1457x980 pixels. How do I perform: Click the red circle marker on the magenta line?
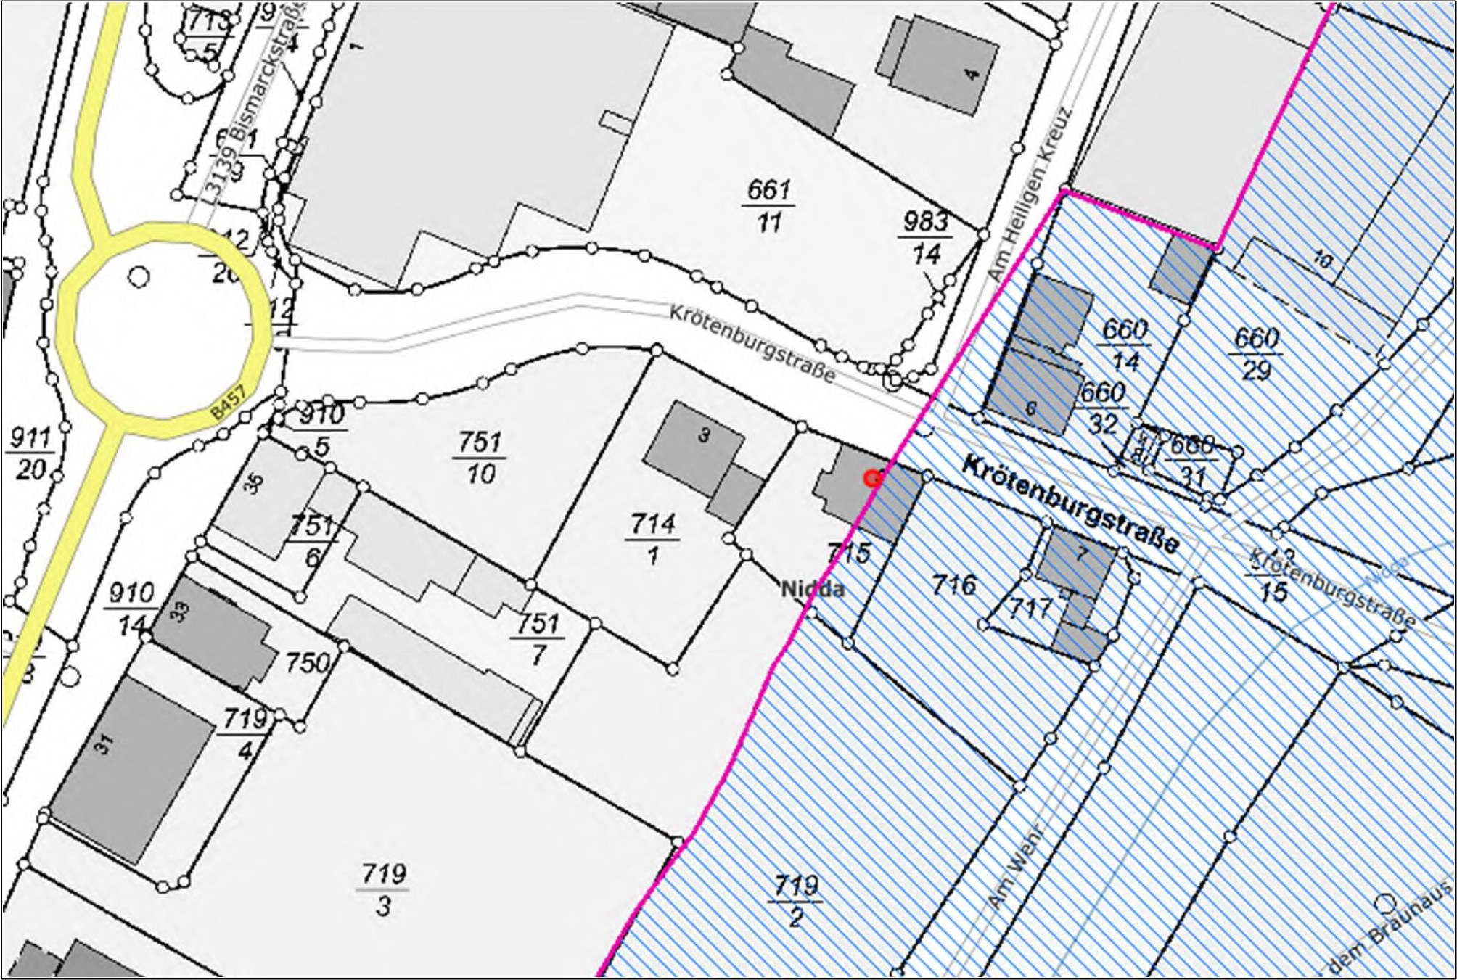pyautogui.click(x=872, y=479)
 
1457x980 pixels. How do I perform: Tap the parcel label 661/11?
pyautogui.click(x=768, y=207)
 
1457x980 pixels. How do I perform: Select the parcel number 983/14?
pyautogui.click(x=927, y=238)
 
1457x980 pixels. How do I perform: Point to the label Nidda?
pyautogui.click(x=813, y=588)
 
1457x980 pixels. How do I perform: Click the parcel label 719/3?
pyautogui.click(x=383, y=889)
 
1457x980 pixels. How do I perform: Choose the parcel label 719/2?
pyautogui.click(x=796, y=901)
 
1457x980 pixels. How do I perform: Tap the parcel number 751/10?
pyautogui.click(x=480, y=458)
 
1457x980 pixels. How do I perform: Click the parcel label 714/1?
pyautogui.click(x=653, y=539)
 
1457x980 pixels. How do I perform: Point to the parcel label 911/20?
pyautogui.click(x=30, y=454)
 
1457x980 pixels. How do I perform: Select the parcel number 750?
pyautogui.click(x=307, y=662)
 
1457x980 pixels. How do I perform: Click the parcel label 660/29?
pyautogui.click(x=1256, y=353)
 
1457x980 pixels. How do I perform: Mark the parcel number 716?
pyautogui.click(x=953, y=584)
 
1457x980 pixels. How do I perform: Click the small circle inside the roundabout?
pyautogui.click(x=139, y=276)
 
